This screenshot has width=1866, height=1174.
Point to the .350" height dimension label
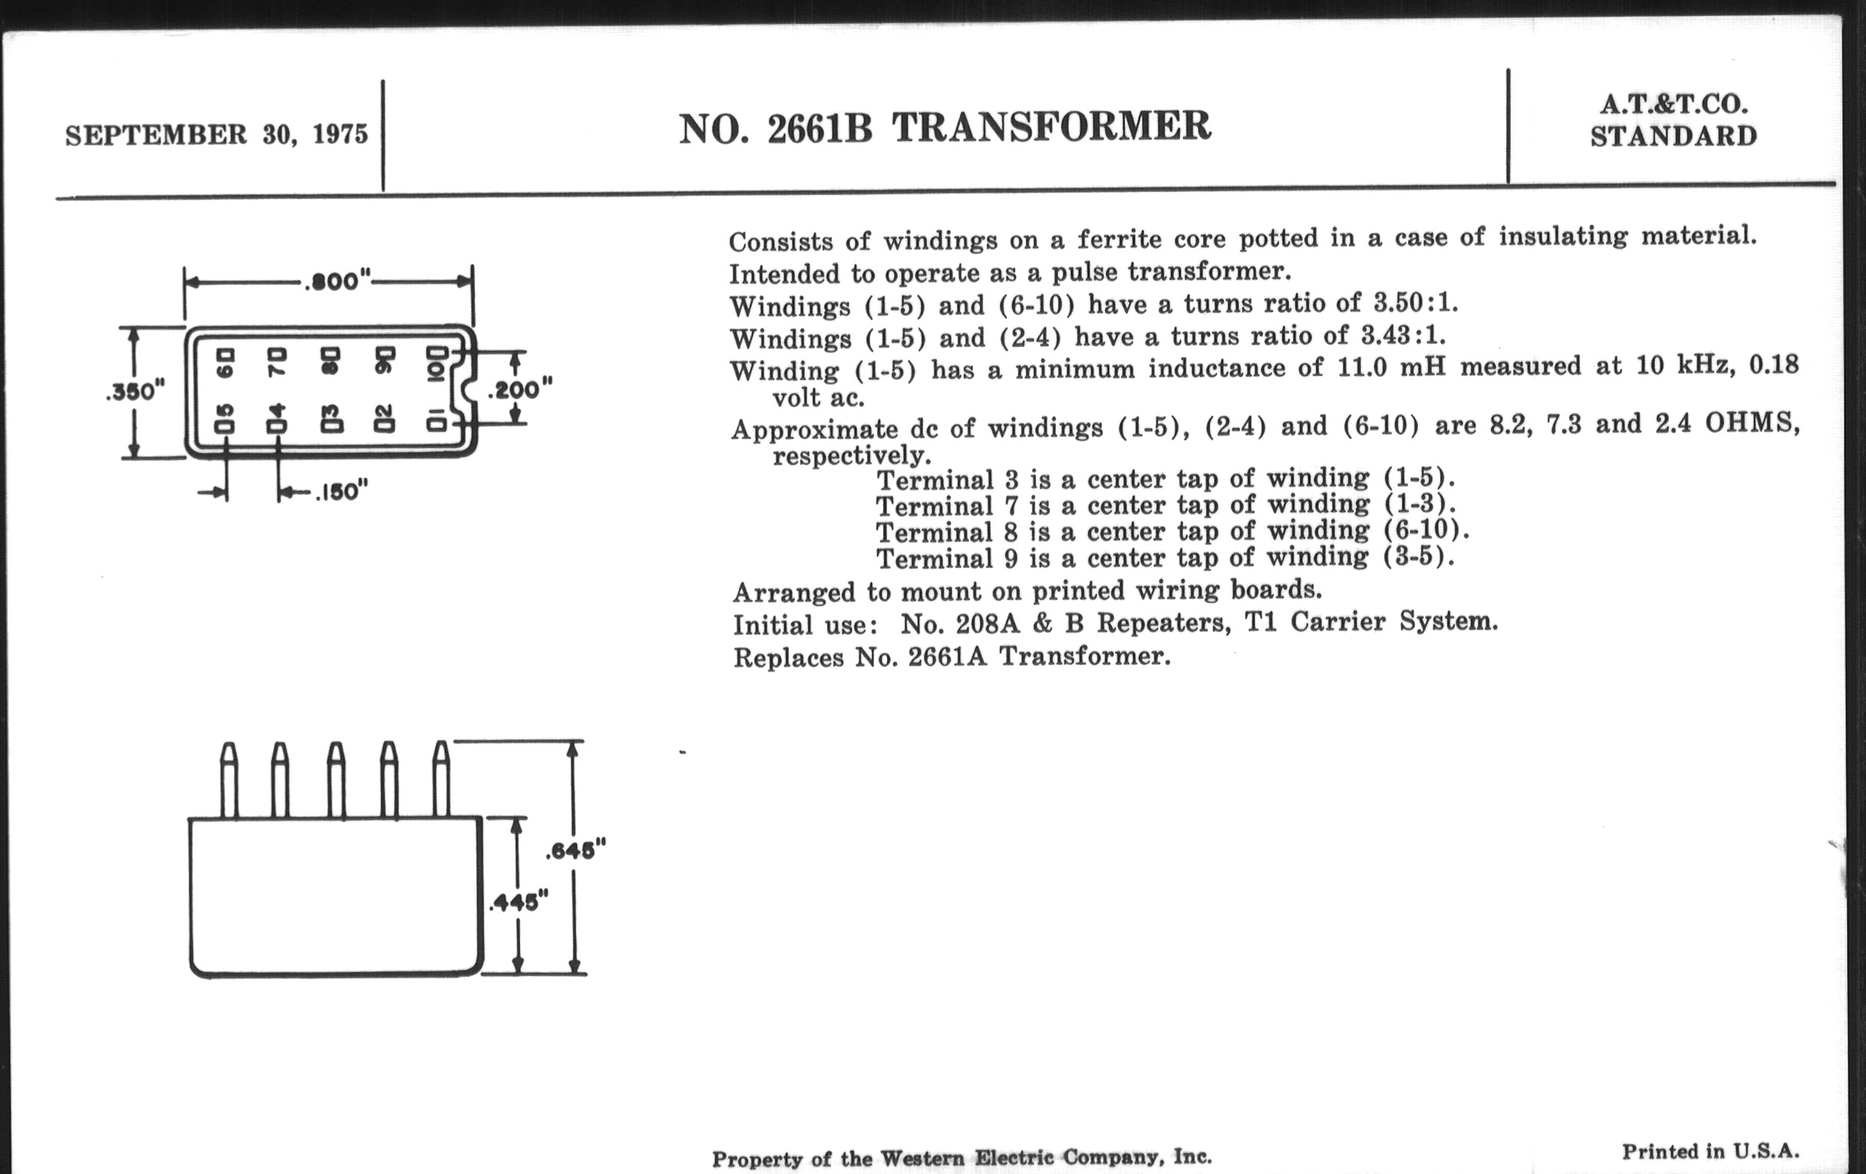coord(135,391)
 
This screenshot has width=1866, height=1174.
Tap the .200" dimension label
coord(520,389)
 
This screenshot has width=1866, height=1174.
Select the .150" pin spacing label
coord(341,492)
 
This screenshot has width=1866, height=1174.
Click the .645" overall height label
coord(575,850)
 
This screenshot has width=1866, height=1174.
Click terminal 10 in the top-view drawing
coord(437,363)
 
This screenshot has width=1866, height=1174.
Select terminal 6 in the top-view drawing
coord(225,363)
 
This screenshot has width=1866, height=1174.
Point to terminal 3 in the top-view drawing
coord(331,419)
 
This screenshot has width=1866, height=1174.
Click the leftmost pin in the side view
coord(229,780)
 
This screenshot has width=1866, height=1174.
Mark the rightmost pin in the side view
coord(441,780)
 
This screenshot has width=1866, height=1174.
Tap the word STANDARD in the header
coord(1674,137)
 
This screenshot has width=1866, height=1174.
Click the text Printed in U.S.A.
coord(1711,1152)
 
